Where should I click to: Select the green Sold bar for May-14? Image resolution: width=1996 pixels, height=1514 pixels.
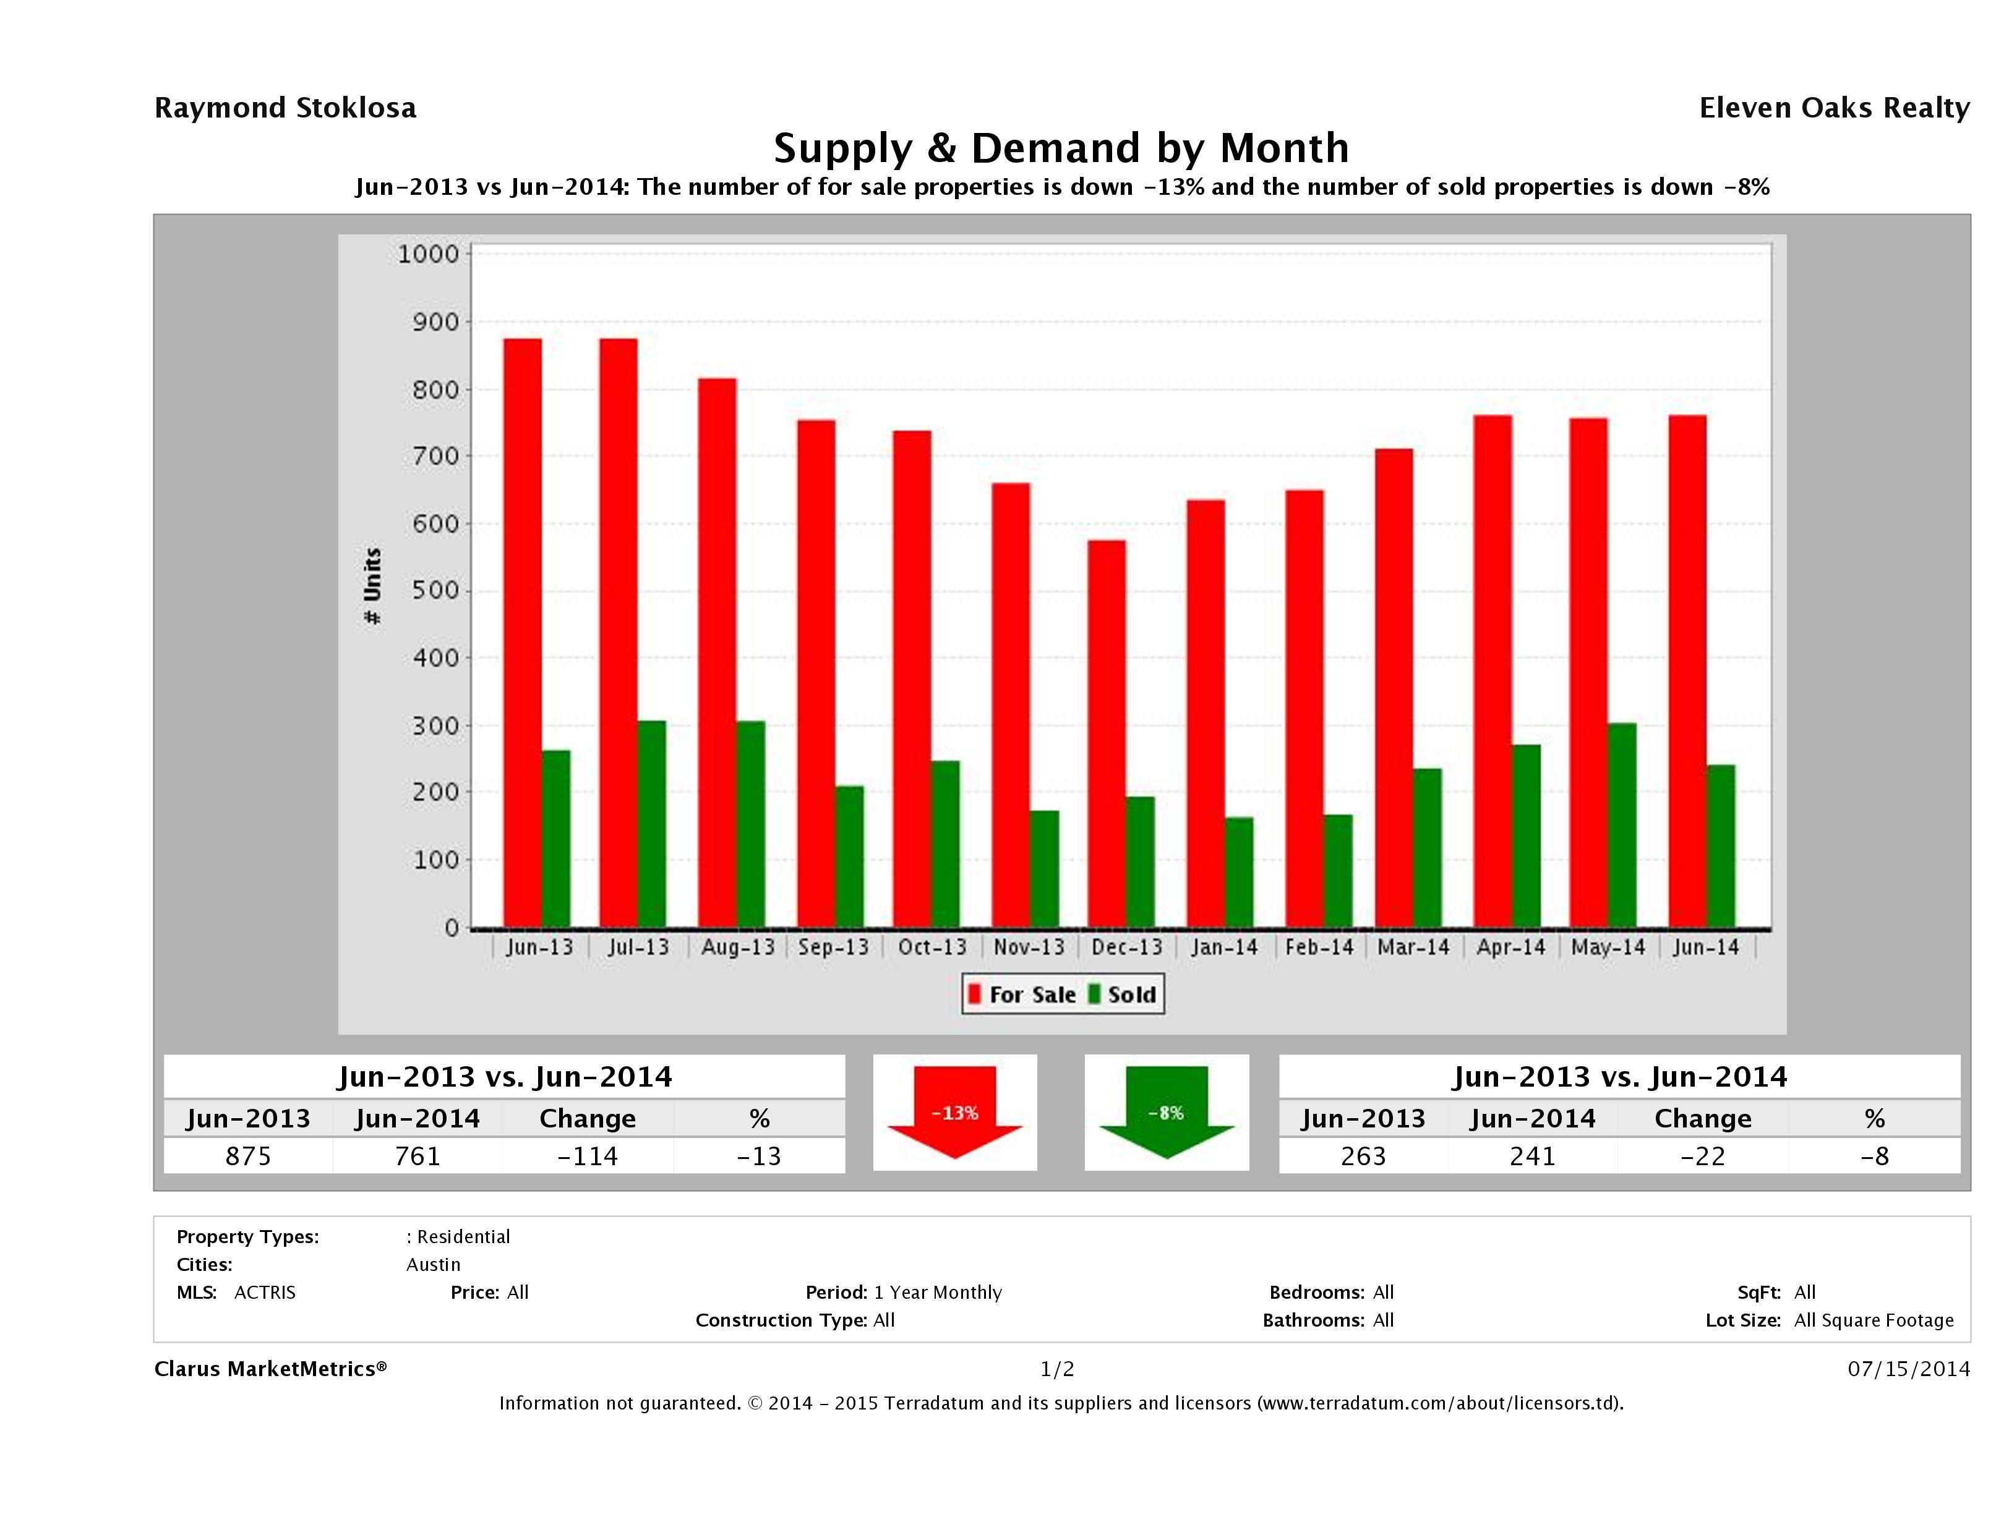pyautogui.click(x=1622, y=826)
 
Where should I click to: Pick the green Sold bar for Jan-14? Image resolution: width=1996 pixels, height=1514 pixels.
pyautogui.click(x=1239, y=873)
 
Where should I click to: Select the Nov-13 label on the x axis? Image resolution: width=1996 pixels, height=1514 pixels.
pyautogui.click(x=1029, y=947)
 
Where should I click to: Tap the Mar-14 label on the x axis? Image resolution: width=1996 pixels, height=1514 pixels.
pyautogui.click(x=1413, y=947)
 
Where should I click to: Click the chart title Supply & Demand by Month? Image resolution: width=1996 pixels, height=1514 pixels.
pyautogui.click(x=1061, y=148)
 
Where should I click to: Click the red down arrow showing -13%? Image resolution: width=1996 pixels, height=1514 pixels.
pyautogui.click(x=954, y=1111)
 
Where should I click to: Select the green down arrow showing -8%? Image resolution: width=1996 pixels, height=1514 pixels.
pyautogui.click(x=1166, y=1111)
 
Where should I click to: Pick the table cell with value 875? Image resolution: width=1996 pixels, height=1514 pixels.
pyautogui.click(x=248, y=1156)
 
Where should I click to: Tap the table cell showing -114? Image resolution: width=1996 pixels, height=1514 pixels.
pyautogui.click(x=588, y=1156)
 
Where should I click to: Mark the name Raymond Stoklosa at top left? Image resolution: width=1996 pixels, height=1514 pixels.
pyautogui.click(x=285, y=108)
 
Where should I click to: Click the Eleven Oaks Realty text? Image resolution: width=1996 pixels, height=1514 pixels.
pyautogui.click(x=1833, y=108)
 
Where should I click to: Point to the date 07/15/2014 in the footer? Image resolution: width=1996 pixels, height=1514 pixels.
pyautogui.click(x=1908, y=1369)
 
